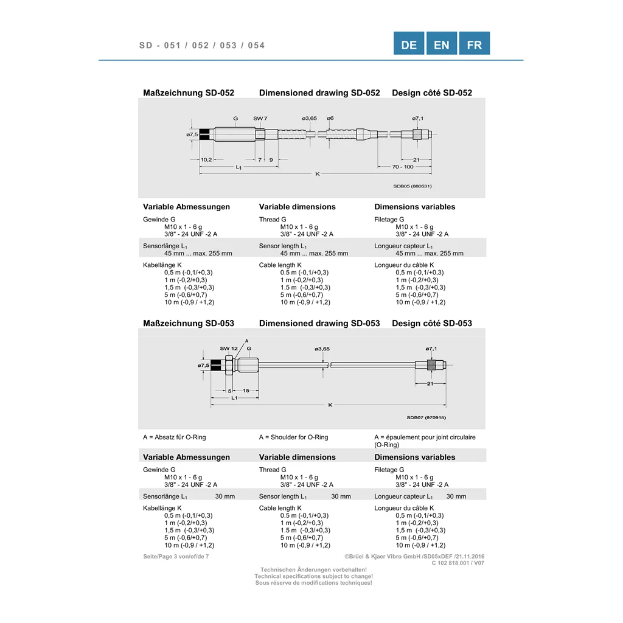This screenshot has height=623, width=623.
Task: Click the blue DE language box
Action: pos(408,43)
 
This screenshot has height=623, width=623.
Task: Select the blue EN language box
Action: pos(442,43)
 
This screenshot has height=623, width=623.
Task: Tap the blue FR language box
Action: pos(475,43)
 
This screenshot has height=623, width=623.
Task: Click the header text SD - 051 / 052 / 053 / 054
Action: pos(202,45)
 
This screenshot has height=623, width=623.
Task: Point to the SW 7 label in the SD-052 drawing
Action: pos(260,119)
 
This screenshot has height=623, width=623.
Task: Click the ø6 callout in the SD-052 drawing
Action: pos(330,119)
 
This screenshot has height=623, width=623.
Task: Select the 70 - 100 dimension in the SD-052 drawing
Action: pos(403,167)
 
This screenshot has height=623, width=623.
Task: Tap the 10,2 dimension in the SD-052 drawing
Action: pos(206,160)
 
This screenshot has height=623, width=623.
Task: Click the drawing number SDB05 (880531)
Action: pos(412,186)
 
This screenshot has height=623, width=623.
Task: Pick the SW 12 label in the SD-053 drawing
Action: pos(229,349)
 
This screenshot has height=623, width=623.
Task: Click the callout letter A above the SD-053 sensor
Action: pos(247,341)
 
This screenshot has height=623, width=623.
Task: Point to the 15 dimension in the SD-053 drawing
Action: pos(246,391)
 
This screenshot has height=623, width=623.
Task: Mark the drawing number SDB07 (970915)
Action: pos(426,417)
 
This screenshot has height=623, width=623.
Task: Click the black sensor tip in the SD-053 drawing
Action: pos(216,365)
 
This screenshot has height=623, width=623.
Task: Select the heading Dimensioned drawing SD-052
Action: pos(319,93)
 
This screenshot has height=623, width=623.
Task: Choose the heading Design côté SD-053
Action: pos(432,324)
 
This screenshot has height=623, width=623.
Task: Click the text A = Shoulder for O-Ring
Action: pos(294,437)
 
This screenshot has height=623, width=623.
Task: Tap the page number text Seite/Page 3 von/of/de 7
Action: pos(176,557)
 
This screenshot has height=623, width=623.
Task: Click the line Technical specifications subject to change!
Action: pos(314,577)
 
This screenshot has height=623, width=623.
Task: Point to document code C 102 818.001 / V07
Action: pos(458,563)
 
